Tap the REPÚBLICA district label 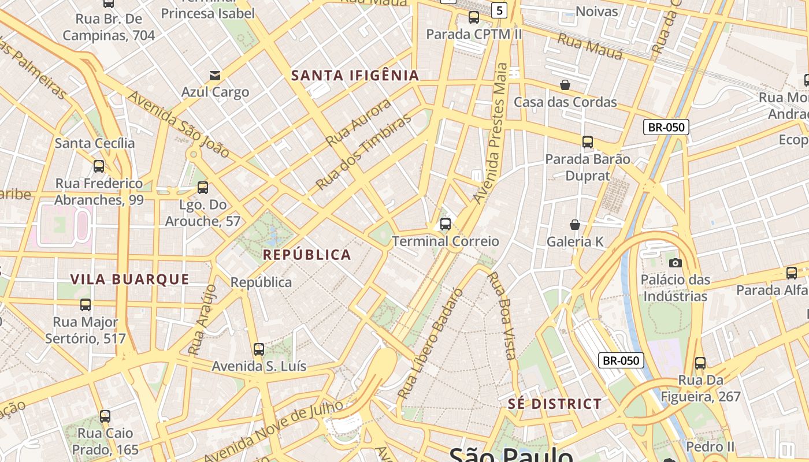tap(307, 255)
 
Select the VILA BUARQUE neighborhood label tap(129, 280)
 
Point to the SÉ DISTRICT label tap(555, 404)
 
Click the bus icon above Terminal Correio tap(446, 224)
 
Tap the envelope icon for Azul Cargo tap(215, 76)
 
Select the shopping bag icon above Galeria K tap(575, 225)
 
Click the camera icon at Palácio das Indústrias tap(675, 263)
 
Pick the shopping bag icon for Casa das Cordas tap(565, 85)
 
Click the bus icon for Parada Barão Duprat tap(588, 141)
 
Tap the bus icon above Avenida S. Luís tap(259, 349)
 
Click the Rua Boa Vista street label tap(502, 315)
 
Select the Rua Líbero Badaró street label tap(431, 344)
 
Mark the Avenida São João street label tap(179, 124)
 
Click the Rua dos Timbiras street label tap(364, 151)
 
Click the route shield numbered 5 tap(499, 10)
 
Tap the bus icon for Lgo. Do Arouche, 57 tap(203, 188)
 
